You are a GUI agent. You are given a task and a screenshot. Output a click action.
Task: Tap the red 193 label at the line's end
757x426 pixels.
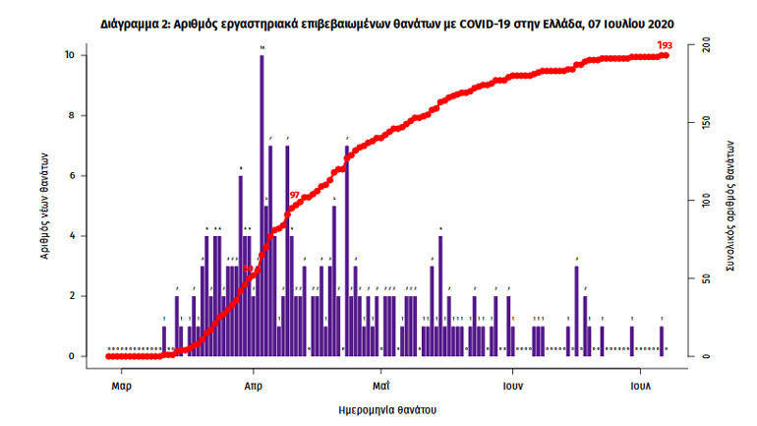tap(665, 44)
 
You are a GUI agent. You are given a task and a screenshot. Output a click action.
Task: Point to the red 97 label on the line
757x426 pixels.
tap(294, 195)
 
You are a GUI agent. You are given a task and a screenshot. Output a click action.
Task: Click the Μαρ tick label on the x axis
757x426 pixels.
tap(122, 387)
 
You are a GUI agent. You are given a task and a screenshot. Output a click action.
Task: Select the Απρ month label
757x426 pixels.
tap(253, 387)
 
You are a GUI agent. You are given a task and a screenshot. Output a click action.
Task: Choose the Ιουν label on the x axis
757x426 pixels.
tap(510, 387)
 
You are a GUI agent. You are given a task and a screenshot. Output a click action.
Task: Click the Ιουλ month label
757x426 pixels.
tap(640, 387)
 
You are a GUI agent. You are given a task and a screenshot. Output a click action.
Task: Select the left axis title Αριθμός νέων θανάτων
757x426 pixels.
tap(45, 206)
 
